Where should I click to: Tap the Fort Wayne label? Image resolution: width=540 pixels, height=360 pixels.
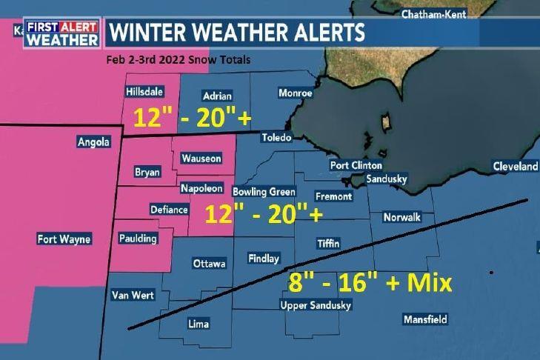[64, 239]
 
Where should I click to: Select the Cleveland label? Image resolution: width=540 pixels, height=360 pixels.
[516, 167]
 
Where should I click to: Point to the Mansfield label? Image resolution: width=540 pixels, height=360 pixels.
[425, 320]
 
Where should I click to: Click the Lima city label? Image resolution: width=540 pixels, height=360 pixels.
[198, 324]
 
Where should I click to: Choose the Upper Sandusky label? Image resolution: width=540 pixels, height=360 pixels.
[316, 305]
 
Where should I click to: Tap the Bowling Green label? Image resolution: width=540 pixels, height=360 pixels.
[264, 192]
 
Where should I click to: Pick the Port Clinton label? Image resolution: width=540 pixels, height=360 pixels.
[356, 165]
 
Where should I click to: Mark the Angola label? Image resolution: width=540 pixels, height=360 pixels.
[93, 141]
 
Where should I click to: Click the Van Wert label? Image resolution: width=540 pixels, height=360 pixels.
[133, 295]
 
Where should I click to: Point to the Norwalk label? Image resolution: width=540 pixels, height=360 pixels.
[402, 217]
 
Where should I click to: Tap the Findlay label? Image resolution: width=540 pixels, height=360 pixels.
[264, 259]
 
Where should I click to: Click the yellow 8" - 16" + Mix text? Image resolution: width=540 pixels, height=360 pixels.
[370, 283]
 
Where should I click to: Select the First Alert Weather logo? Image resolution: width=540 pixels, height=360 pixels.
[61, 33]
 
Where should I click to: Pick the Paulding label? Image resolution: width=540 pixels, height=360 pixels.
[138, 239]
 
